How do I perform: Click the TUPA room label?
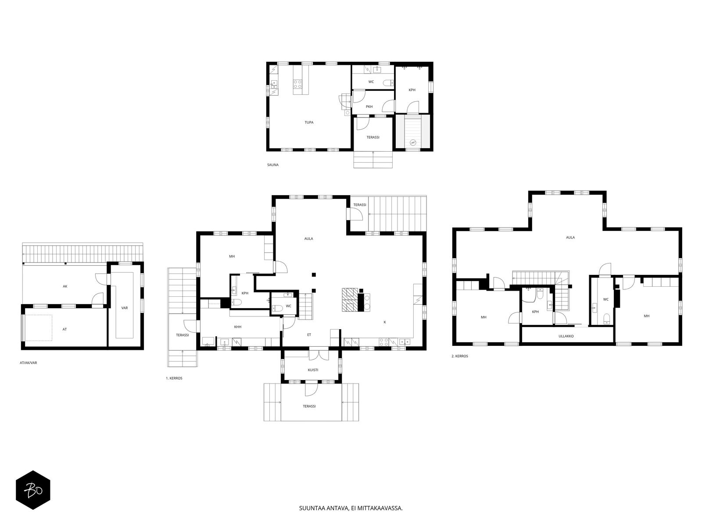pyautogui.click(x=308, y=122)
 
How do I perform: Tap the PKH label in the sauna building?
pyautogui.click(x=369, y=107)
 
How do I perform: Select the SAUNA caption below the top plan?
pyautogui.click(x=273, y=165)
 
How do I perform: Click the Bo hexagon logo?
pyautogui.click(x=33, y=490)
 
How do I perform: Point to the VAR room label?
pyautogui.click(x=125, y=308)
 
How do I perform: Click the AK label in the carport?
pyautogui.click(x=65, y=286)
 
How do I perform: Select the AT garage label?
pyautogui.click(x=64, y=329)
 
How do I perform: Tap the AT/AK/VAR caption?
pyautogui.click(x=28, y=363)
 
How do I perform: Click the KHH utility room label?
pyautogui.click(x=238, y=327)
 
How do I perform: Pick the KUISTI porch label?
pyautogui.click(x=313, y=370)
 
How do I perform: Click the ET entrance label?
pyautogui.click(x=309, y=335)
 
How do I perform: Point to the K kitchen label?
pyautogui.click(x=385, y=322)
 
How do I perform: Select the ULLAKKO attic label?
pyautogui.click(x=566, y=336)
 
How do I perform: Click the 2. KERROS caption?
pyautogui.click(x=459, y=356)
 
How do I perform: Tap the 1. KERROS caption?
pyautogui.click(x=174, y=378)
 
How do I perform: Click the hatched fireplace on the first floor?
pyautogui.click(x=350, y=299)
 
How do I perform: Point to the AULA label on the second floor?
pyautogui.click(x=570, y=237)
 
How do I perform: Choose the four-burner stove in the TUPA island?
pyautogui.click(x=298, y=84)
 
